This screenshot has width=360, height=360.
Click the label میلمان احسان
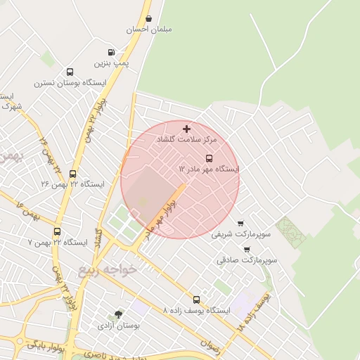coord(149,30)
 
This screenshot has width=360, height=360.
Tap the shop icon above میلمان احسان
coord(148,19)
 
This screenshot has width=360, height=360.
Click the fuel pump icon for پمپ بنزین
coord(111,53)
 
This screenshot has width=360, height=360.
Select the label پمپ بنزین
coord(112,64)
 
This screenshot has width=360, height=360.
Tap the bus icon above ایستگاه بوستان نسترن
coord(69,72)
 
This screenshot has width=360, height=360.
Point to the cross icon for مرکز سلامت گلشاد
coord(186,129)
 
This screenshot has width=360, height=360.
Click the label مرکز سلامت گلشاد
coord(186,140)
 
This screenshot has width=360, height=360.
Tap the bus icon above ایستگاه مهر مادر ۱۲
coord(208,158)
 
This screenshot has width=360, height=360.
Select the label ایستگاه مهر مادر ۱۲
coord(209,169)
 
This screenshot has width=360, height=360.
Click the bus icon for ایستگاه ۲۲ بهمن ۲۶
coord(72,174)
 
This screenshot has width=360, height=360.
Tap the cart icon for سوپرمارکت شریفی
coord(240,223)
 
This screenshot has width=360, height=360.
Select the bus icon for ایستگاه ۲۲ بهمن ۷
coord(57,231)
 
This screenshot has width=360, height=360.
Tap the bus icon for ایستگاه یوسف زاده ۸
coord(196,300)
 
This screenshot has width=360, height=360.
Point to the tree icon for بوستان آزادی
coord(118,315)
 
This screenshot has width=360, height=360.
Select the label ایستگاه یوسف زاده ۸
coord(196,310)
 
